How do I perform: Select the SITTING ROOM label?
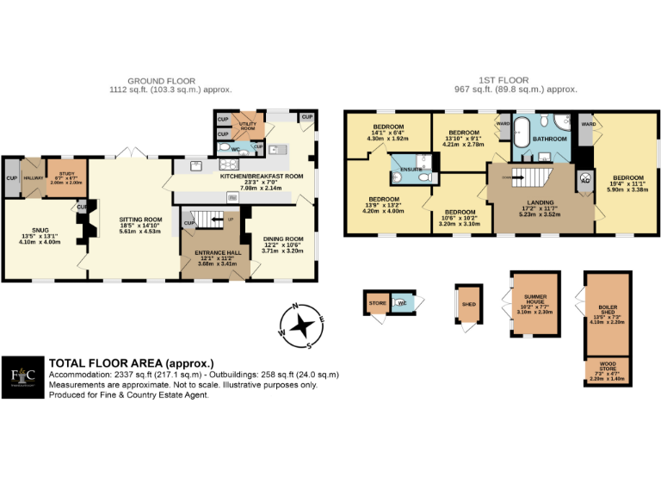tap(140, 220)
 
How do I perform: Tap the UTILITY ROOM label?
tap(249, 126)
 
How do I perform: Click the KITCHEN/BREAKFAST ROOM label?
tap(261, 176)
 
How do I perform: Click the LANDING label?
tap(541, 202)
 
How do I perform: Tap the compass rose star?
tap(302, 325)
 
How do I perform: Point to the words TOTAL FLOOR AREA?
tap(131, 363)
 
